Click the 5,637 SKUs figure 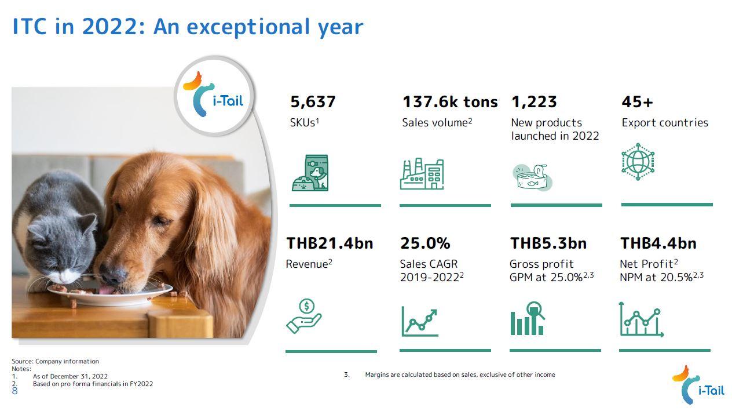tap(313, 103)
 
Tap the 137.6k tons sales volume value tap(450, 103)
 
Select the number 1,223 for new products tap(533, 103)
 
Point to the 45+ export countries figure tap(637, 103)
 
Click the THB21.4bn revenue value tap(330, 243)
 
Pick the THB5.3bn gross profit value tap(548, 243)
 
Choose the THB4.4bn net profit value tap(658, 243)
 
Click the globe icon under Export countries tap(638, 161)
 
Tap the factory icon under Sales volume tap(422, 173)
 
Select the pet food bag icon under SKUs tap(310, 173)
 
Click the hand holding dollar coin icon tap(304, 316)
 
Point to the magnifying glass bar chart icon tap(528, 318)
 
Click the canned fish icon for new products tap(532, 177)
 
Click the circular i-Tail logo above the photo tap(214, 96)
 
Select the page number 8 tap(14, 391)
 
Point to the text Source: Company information tap(55, 361)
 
